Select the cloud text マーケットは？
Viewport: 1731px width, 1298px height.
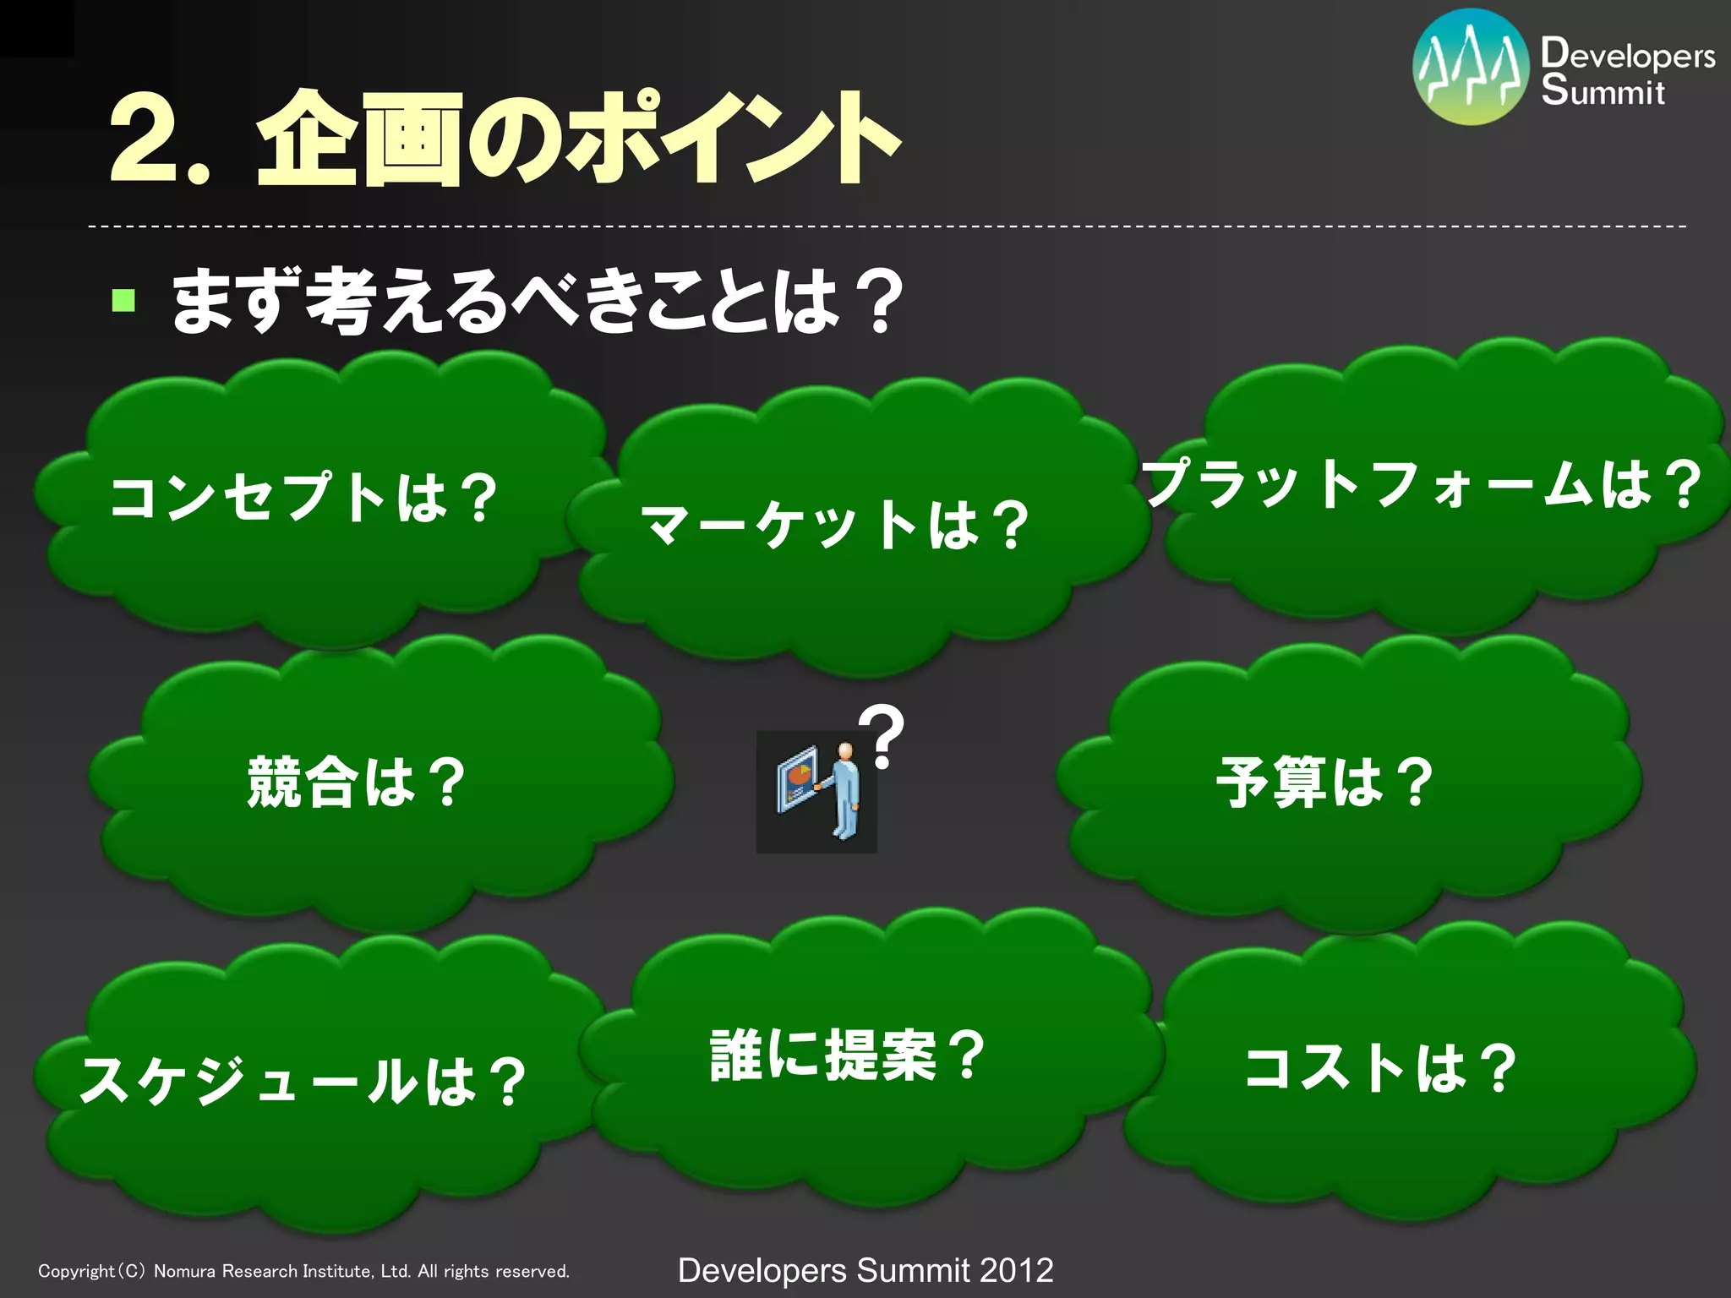(x=835, y=525)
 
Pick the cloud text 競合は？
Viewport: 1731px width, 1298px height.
(x=356, y=782)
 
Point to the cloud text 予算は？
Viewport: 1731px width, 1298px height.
(x=1324, y=782)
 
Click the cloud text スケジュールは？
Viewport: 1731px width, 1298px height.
(x=303, y=1081)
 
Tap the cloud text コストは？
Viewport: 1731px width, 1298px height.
(x=1380, y=1068)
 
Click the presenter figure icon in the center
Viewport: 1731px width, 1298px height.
(x=816, y=791)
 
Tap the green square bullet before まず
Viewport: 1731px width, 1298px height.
(x=123, y=300)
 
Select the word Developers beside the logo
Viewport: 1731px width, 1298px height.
(x=1627, y=54)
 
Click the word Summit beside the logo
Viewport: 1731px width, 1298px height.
(x=1603, y=90)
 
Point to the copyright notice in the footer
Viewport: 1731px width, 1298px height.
(x=304, y=1271)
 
